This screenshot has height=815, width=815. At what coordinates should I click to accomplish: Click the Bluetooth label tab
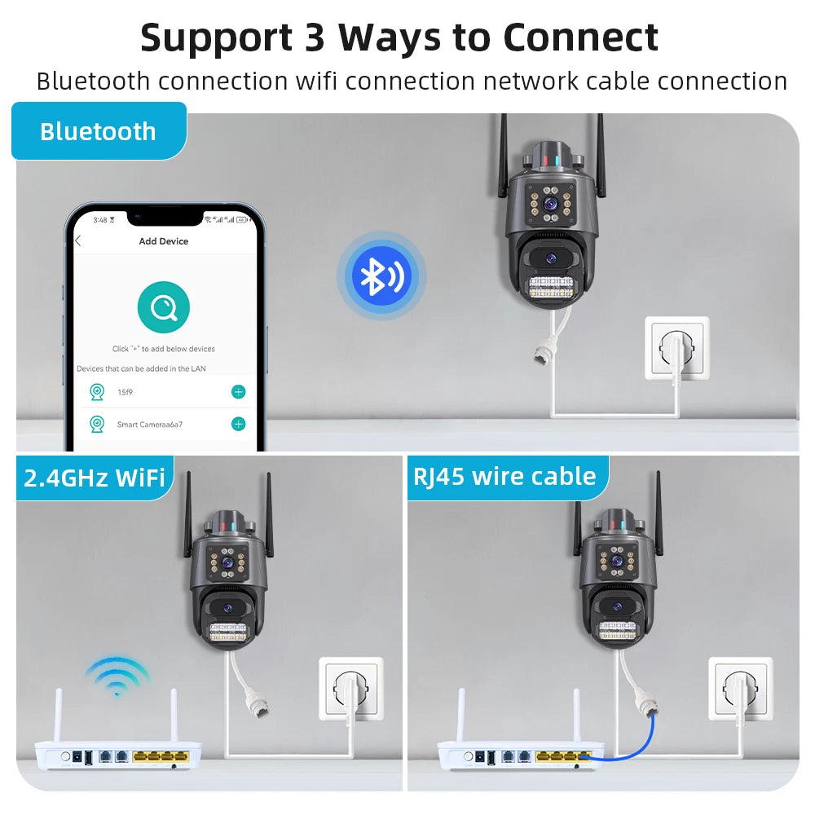98,131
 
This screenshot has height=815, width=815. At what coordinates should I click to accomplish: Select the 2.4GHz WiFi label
95,477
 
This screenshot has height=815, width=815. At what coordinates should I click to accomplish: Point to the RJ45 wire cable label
504,476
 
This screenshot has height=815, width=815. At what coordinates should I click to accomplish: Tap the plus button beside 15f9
238,392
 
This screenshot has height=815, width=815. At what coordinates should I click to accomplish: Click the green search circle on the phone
164,308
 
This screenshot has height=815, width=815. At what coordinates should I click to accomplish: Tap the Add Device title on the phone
164,241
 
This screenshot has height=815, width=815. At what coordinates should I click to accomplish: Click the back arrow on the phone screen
78,241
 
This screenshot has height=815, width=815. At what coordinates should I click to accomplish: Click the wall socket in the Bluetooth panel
677,346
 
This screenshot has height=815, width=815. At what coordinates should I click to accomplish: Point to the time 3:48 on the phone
100,220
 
